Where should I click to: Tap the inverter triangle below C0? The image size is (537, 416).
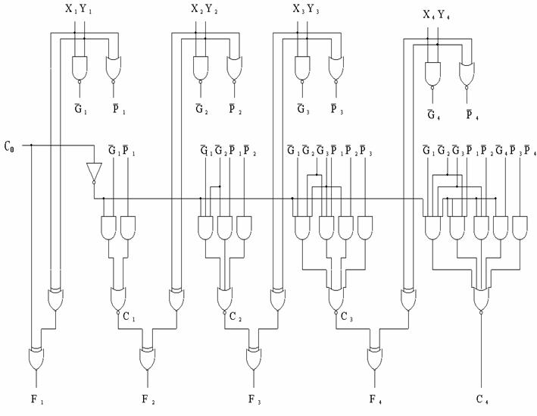(93, 172)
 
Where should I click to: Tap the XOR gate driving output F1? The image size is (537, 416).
(36, 357)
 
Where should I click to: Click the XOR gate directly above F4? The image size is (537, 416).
(373, 357)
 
